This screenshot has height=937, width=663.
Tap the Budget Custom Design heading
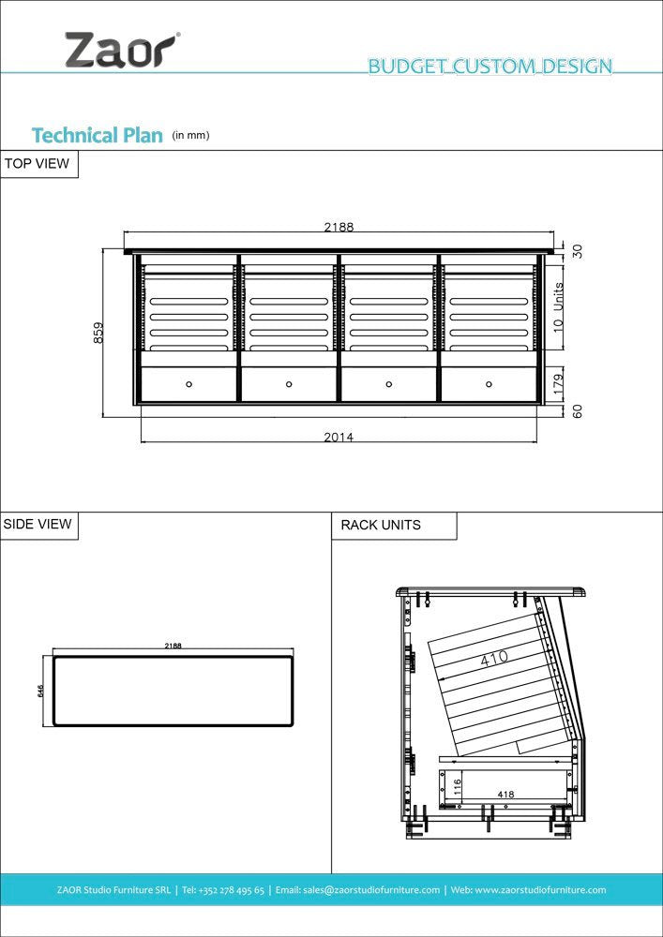(490, 66)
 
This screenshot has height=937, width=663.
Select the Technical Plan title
(98, 136)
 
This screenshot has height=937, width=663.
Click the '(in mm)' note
(190, 136)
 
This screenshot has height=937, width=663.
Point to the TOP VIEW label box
(39, 164)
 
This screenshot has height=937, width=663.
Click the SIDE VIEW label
(38, 525)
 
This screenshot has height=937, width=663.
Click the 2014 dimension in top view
(339, 437)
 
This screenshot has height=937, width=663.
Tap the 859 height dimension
(98, 333)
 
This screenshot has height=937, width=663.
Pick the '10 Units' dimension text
(559, 307)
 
